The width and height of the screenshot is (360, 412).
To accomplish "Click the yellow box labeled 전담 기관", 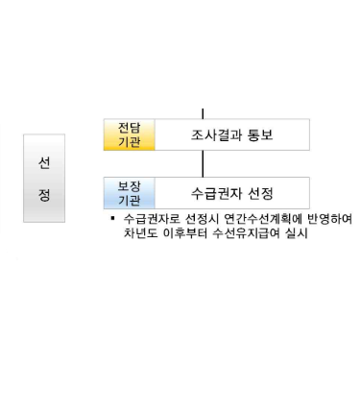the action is [x=128, y=134].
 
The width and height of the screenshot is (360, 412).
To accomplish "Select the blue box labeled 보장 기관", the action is [x=128, y=193].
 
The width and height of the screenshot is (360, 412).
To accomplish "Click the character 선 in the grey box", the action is [x=44, y=162].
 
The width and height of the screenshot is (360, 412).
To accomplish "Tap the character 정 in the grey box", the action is [x=44, y=195].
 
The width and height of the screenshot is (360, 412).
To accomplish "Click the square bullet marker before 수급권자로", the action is [x=113, y=218].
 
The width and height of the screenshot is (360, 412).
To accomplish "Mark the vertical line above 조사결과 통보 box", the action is [x=203, y=112].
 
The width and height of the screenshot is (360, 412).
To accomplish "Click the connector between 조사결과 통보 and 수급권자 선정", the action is [x=203, y=164].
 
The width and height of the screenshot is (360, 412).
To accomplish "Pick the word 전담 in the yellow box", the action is [x=128, y=127].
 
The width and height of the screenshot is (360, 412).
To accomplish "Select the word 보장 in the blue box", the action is [x=128, y=185].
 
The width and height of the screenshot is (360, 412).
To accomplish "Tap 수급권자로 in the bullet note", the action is [x=145, y=219].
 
